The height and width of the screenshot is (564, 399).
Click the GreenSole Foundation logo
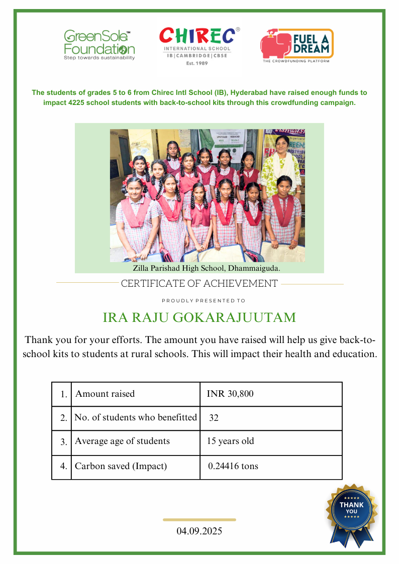(x=99, y=45)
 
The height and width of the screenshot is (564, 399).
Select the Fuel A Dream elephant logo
(x=296, y=46)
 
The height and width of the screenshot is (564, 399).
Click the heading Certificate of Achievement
(x=199, y=284)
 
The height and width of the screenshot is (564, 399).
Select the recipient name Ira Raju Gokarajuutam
(x=199, y=318)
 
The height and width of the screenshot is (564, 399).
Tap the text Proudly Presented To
(x=204, y=301)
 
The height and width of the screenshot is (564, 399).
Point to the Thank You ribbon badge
(x=352, y=512)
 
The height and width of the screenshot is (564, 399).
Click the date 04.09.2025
(x=199, y=531)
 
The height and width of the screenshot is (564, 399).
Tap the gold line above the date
(x=199, y=520)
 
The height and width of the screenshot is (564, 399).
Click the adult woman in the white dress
(x=281, y=163)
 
